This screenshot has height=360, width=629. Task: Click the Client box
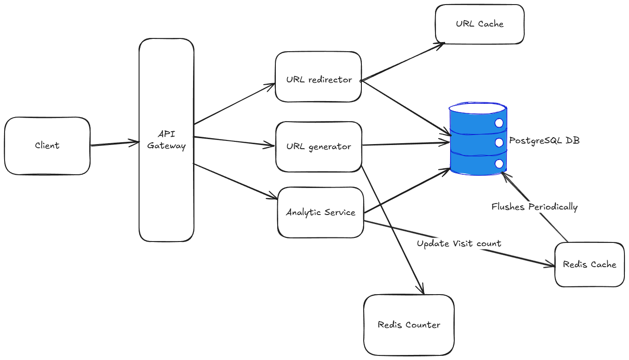click(47, 146)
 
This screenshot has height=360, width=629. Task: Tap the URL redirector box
click(318, 77)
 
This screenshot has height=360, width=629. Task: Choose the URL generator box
click(319, 147)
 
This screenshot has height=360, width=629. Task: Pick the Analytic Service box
click(320, 212)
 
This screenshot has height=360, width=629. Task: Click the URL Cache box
click(479, 24)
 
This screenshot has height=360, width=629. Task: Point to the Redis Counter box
click(409, 325)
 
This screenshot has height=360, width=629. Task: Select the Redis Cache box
click(589, 264)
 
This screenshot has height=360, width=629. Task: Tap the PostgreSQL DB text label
click(544, 140)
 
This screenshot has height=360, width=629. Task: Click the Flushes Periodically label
click(534, 207)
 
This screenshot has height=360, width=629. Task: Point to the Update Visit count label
click(459, 243)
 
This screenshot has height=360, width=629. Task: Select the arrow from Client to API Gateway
click(114, 144)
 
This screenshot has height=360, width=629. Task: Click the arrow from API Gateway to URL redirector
click(233, 104)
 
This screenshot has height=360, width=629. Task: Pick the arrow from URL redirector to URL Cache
click(403, 62)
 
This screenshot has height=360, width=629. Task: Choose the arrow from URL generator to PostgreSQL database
click(405, 145)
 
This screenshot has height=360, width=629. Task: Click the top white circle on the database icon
click(499, 123)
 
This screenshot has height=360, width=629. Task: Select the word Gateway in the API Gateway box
click(167, 146)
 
